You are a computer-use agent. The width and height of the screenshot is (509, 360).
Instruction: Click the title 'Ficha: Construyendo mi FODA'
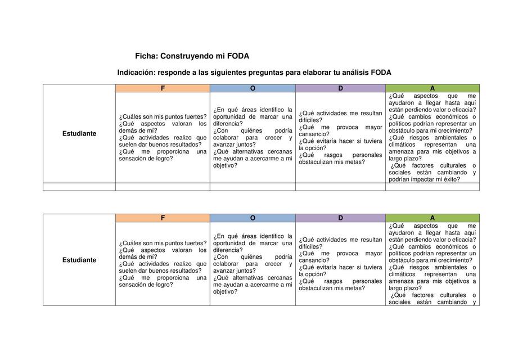click(192, 56)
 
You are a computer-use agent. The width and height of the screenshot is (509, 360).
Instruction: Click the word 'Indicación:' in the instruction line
click(136, 73)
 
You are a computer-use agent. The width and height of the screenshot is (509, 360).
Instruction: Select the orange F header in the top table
click(163, 88)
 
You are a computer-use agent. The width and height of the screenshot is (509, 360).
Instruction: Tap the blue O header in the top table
click(253, 88)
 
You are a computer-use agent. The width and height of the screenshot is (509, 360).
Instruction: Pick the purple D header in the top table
click(340, 88)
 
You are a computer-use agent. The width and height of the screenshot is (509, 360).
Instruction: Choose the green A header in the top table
click(432, 88)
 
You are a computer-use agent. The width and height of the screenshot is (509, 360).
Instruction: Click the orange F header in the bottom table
click(163, 218)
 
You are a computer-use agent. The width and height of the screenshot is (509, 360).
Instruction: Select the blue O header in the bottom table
click(253, 218)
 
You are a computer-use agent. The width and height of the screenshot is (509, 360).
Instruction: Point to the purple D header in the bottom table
click(340, 218)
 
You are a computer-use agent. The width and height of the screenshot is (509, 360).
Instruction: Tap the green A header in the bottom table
click(432, 218)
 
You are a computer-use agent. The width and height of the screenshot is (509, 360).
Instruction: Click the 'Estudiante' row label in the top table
click(79, 134)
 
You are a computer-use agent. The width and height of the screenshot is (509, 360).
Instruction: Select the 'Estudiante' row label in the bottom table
click(79, 260)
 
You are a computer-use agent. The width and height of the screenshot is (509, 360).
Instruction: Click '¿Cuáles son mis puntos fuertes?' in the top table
click(163, 116)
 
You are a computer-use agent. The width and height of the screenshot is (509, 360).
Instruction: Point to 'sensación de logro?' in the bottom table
click(146, 285)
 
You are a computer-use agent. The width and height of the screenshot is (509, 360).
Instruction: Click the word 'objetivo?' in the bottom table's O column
click(226, 291)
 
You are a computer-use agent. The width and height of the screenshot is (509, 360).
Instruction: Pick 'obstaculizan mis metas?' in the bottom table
click(332, 288)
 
